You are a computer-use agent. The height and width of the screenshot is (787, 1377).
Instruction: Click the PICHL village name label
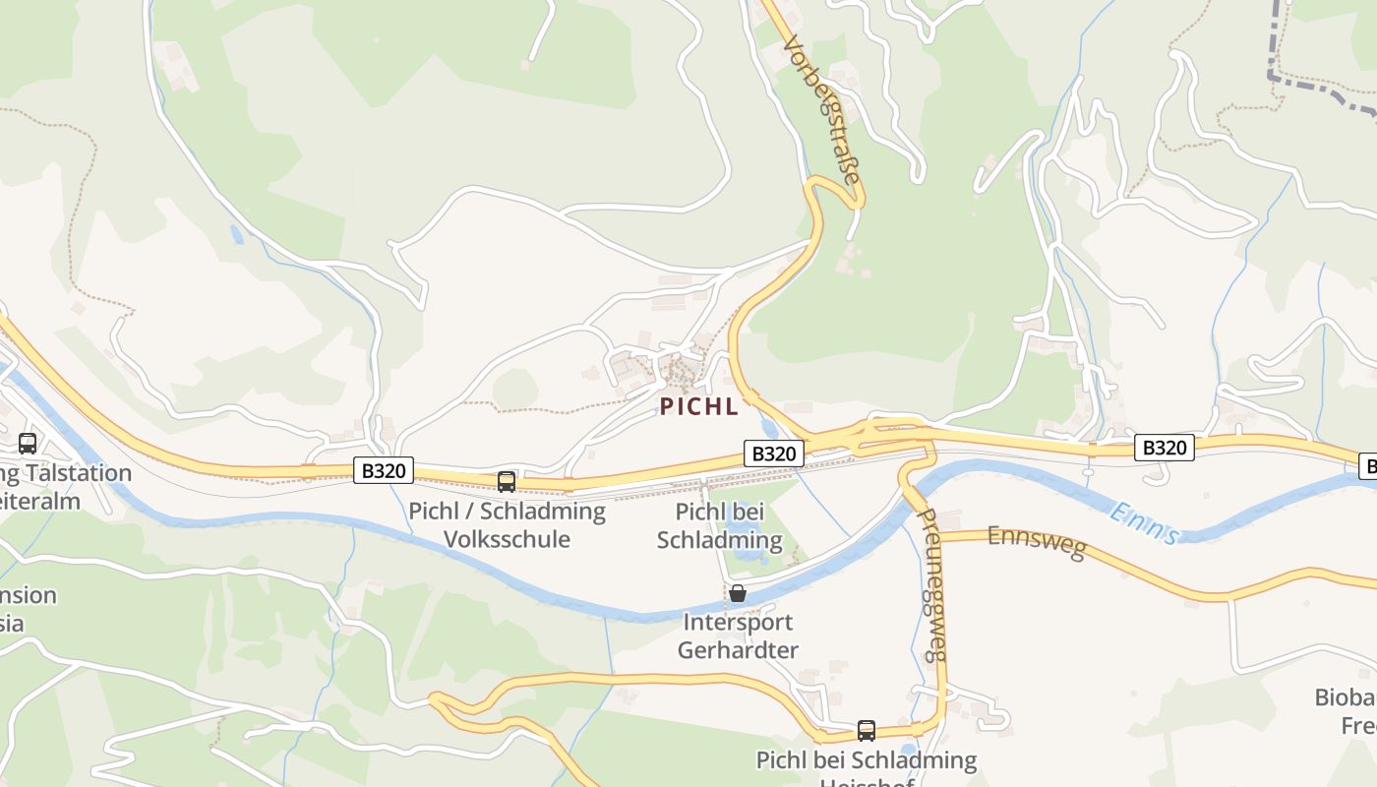click(698, 406)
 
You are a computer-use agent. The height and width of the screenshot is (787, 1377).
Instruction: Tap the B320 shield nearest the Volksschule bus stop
click(384, 470)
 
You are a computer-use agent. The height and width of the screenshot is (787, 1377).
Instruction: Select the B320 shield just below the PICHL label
click(773, 454)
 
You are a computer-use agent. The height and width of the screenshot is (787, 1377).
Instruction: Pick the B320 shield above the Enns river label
click(1164, 448)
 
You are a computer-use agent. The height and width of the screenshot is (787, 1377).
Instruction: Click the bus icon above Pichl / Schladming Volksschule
click(507, 481)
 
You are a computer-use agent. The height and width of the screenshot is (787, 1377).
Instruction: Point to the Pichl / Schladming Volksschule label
click(507, 524)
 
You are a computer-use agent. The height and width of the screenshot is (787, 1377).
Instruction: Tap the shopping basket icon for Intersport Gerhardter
click(737, 593)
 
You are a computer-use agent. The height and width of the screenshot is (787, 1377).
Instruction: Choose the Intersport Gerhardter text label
click(738, 636)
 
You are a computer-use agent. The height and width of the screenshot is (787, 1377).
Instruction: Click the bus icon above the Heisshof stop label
click(867, 730)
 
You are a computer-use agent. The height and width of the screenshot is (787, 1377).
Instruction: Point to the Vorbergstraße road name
click(823, 110)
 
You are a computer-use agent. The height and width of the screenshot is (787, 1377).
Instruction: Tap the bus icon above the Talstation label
click(28, 443)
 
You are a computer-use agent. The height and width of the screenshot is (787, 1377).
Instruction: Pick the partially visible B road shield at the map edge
click(1369, 465)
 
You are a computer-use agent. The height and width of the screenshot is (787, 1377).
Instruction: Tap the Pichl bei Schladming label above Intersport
click(719, 525)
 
